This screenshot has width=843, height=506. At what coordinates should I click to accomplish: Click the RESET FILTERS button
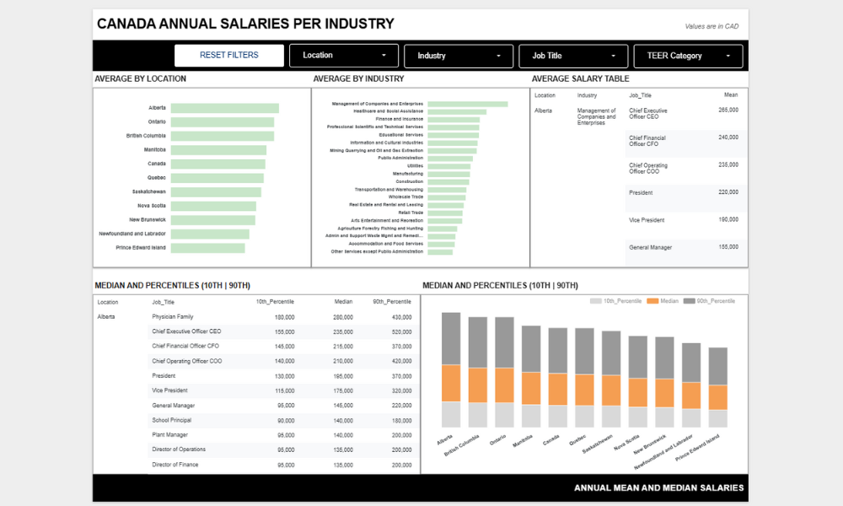point(229,56)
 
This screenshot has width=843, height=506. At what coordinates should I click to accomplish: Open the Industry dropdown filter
point(459,56)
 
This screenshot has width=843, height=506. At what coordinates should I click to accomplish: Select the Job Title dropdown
point(573,56)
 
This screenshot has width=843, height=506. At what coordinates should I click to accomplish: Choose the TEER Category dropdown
point(688,56)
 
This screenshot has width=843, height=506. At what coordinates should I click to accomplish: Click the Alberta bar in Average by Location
point(224,108)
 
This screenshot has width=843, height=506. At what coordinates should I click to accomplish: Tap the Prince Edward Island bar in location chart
point(207,248)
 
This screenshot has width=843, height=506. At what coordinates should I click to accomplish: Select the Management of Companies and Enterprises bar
point(467,104)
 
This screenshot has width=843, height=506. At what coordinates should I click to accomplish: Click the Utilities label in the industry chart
point(415,165)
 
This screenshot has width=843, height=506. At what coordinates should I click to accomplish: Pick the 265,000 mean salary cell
point(728,110)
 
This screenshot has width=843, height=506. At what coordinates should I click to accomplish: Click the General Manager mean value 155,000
point(728,247)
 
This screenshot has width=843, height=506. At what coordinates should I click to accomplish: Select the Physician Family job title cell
point(173,317)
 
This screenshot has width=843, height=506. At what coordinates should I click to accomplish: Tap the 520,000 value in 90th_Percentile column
point(400,331)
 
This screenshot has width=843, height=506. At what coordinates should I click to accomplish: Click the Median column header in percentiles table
point(342,301)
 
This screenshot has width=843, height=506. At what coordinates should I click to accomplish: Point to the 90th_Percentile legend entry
point(708,301)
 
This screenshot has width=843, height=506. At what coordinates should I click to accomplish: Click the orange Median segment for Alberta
point(451,383)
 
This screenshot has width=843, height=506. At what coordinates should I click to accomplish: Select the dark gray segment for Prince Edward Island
point(718,366)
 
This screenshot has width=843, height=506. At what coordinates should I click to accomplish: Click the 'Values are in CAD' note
point(712,26)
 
